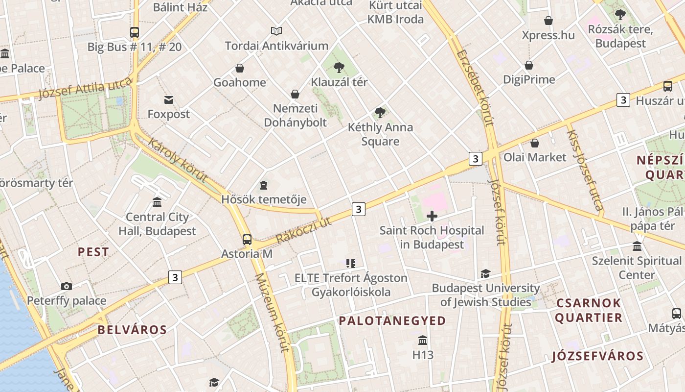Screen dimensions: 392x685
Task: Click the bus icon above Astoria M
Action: [247, 240]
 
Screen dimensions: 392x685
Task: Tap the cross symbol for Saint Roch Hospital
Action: [432, 216]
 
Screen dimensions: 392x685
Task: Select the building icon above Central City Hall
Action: [157, 202]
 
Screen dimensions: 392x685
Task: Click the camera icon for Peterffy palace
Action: [67, 286]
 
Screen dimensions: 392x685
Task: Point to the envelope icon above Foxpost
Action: [169, 100]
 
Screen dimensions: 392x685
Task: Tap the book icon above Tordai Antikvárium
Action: [276, 31]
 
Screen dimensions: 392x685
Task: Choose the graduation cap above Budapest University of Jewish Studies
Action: [485, 273]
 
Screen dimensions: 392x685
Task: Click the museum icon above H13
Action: [423, 340]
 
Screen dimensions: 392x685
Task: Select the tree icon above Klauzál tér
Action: [339, 68]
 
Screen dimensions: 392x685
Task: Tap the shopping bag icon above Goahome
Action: [240, 68]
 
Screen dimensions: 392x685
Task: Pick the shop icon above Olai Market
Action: [535, 143]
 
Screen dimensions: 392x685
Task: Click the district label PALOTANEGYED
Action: [392, 321]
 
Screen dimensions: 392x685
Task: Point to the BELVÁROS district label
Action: [132, 330]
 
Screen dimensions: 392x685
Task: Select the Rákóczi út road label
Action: [304, 230]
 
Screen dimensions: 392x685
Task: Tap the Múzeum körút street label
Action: [273, 312]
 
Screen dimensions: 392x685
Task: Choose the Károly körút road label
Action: [177, 160]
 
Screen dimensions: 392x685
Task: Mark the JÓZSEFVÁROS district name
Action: [597, 356]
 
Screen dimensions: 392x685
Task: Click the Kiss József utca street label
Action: [585, 167]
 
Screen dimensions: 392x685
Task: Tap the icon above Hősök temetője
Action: [264, 185]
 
